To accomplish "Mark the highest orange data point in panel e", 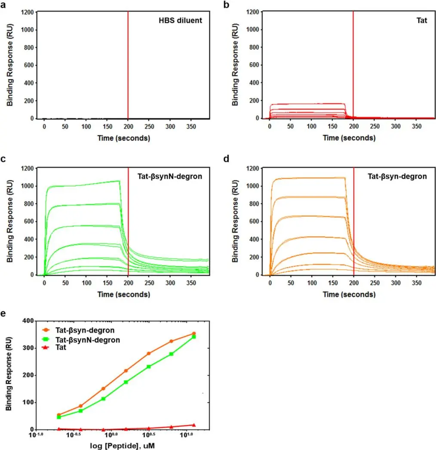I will pyautogui.click(x=194, y=333).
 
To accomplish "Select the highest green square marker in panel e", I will pyautogui.click(x=194, y=336).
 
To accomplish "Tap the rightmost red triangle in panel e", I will pyautogui.click(x=194, y=425).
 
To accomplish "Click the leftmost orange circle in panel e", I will pyautogui.click(x=59, y=415).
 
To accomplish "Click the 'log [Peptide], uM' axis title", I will pyautogui.click(x=120, y=446).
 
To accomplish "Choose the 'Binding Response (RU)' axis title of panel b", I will pyautogui.click(x=236, y=65).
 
